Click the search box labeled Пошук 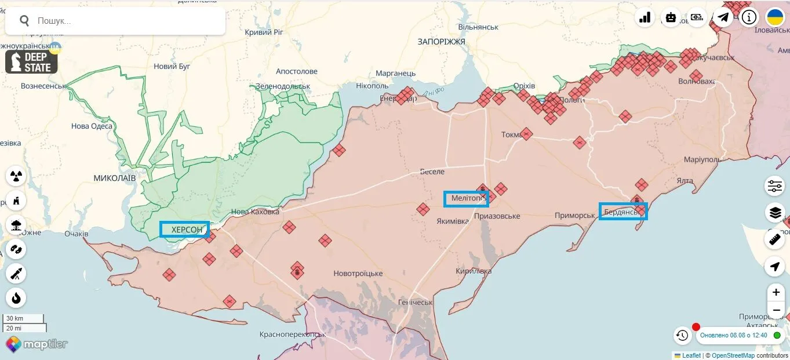pyautogui.click(x=116, y=21)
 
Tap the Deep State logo pyautogui.click(x=31, y=62)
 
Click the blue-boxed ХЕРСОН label pyautogui.click(x=184, y=230)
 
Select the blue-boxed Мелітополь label pyautogui.click(x=466, y=199)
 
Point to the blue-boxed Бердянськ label pyautogui.click(x=622, y=212)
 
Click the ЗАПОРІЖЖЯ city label pyautogui.click(x=441, y=42)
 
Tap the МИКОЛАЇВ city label pyautogui.click(x=114, y=178)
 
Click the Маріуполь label pyautogui.click(x=702, y=159)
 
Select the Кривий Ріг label pyautogui.click(x=264, y=32)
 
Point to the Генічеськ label pyautogui.click(x=416, y=303)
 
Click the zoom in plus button pyautogui.click(x=776, y=292)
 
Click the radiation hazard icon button pyautogui.click(x=16, y=176)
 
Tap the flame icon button pyautogui.click(x=16, y=298)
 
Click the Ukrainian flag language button pyautogui.click(x=775, y=17)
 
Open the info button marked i pyautogui.click(x=749, y=17)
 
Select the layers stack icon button pyautogui.click(x=775, y=213)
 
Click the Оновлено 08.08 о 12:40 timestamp pyautogui.click(x=733, y=335)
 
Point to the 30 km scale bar pyautogui.click(x=23, y=318)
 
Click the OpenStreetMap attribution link pyautogui.click(x=733, y=355)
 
